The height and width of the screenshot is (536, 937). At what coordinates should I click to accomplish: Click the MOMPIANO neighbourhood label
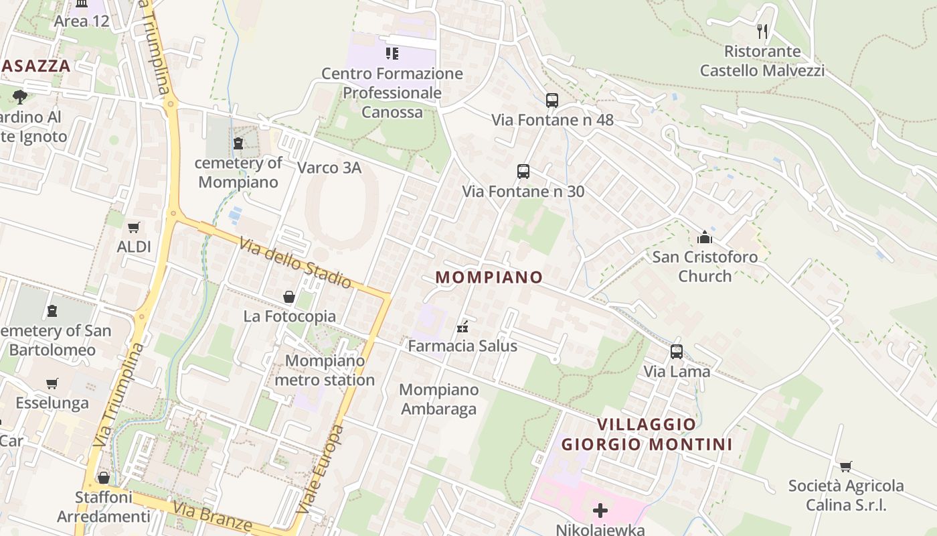click(489, 277)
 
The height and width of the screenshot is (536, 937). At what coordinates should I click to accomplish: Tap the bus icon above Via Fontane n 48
click(552, 100)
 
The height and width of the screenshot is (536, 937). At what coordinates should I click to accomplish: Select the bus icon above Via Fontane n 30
click(523, 172)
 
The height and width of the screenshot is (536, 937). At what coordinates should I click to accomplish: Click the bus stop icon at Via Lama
click(677, 352)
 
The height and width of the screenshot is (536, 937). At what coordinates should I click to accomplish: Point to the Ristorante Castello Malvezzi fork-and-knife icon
click(762, 31)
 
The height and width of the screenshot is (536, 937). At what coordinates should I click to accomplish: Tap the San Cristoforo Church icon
click(705, 237)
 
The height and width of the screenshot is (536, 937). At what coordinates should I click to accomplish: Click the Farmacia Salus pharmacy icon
click(462, 327)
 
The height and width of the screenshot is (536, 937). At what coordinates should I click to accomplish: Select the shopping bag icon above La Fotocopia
click(289, 296)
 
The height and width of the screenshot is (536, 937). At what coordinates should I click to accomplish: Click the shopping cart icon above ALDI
click(134, 227)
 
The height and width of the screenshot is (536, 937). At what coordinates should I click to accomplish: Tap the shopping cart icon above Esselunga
click(52, 384)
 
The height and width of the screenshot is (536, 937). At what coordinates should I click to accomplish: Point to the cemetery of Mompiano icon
click(238, 143)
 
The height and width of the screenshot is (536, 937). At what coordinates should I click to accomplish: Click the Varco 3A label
click(329, 167)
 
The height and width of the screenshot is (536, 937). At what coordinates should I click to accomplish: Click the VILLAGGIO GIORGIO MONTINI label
click(647, 434)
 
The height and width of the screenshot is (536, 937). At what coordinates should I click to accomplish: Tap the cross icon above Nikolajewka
click(600, 511)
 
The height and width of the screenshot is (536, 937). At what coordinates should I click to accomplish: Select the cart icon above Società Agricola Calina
click(846, 466)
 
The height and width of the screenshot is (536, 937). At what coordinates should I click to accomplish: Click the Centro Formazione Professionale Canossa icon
click(392, 53)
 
